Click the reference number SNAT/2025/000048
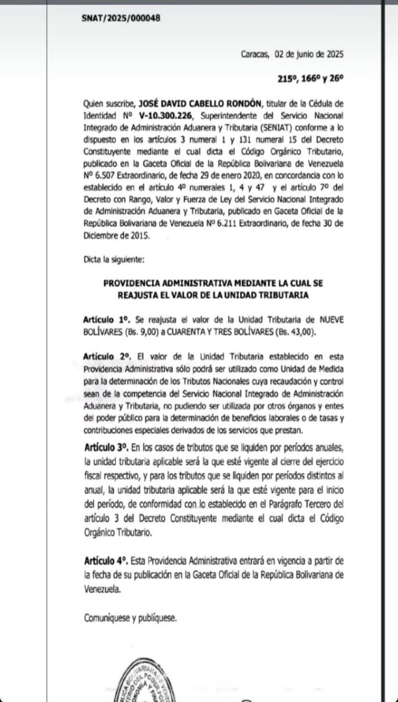[121, 18]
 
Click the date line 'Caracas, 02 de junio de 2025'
[292, 54]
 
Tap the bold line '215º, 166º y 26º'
[310, 79]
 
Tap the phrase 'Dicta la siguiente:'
[114, 259]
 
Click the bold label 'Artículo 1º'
[106, 320]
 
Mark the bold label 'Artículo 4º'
[106, 560]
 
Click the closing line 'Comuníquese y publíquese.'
[130, 618]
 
